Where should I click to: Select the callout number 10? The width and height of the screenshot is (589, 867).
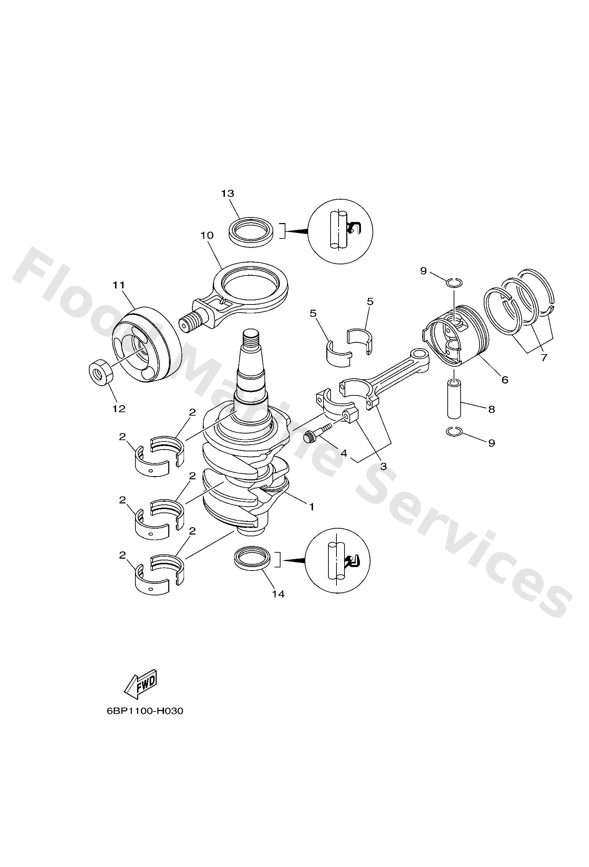coord(207,235)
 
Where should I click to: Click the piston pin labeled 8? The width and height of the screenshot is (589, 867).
coord(454,399)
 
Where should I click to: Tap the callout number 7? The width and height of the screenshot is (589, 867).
coord(544,357)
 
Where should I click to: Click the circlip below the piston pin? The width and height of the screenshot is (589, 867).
coord(454,432)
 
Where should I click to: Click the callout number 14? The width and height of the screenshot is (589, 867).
coord(278,594)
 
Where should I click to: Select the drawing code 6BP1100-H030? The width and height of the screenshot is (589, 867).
coord(145,711)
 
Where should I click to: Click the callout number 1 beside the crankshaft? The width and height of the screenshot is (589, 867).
coord(311,507)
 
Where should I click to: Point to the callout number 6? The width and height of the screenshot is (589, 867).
coord(505,380)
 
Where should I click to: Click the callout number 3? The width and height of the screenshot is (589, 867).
coord(383,466)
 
